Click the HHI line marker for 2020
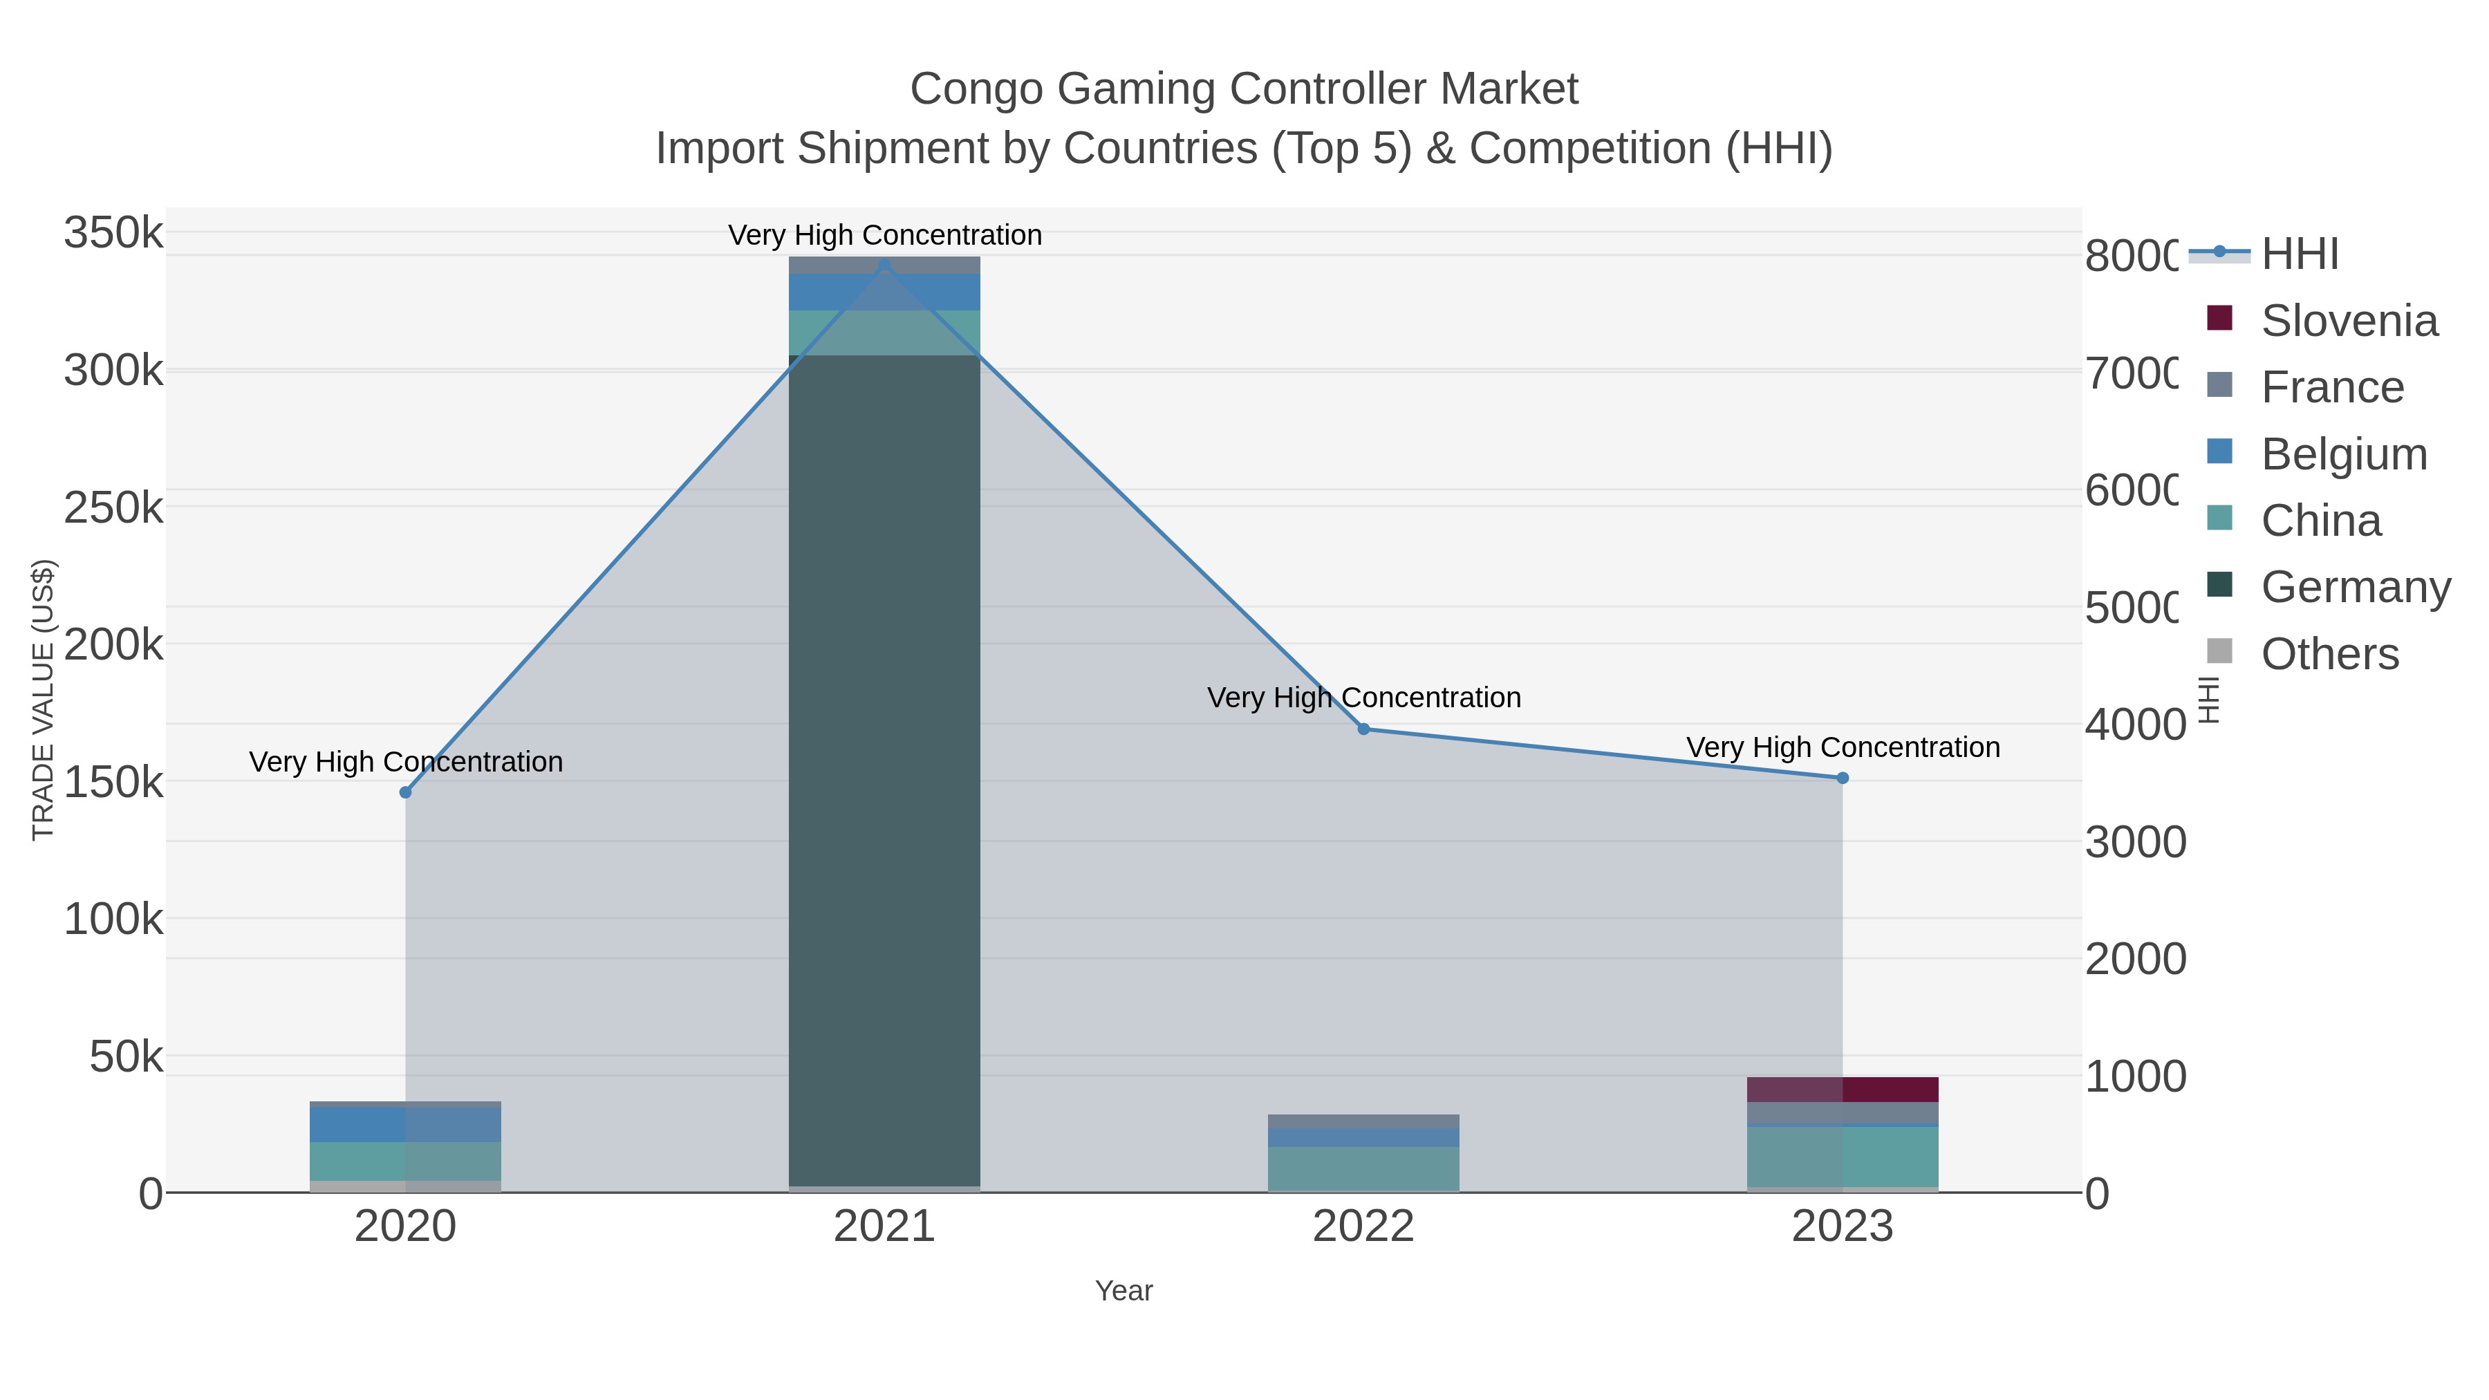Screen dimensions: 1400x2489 (405, 792)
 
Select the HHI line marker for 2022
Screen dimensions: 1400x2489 (1363, 729)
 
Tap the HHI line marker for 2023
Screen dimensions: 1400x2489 (1842, 778)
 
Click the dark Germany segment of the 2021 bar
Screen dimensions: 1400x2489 (884, 773)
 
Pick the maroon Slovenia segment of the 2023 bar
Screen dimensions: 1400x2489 (1842, 1089)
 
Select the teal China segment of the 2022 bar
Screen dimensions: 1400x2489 (1363, 1168)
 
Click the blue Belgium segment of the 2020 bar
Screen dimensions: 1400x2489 (405, 1125)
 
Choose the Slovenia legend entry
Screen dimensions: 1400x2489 (2348, 321)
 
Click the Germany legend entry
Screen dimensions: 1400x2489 (2355, 586)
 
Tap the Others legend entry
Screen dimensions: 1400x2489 (2329, 654)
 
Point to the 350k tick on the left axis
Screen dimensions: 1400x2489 (113, 233)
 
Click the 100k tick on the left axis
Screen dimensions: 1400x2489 (113, 919)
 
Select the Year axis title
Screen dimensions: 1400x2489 (1124, 1291)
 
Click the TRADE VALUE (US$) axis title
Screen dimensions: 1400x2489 (44, 700)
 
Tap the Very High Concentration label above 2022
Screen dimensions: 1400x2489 (1363, 698)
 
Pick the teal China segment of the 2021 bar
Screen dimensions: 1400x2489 (884, 333)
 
